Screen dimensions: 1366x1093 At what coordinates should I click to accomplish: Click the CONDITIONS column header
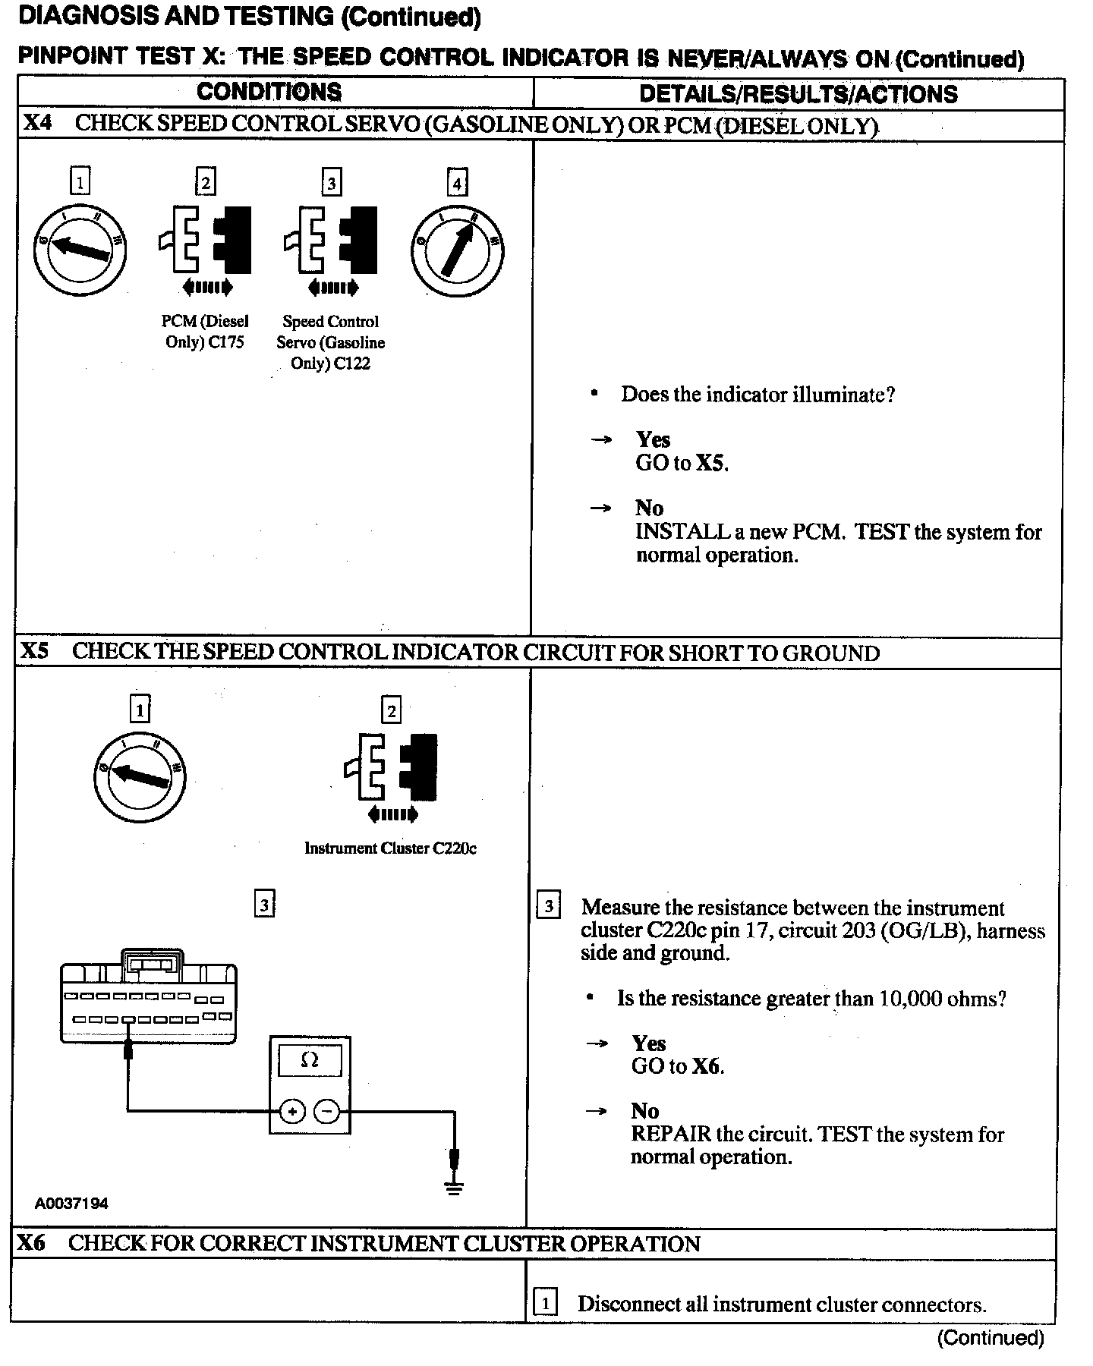tap(269, 92)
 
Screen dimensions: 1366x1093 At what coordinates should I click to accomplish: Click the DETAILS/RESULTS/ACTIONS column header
tap(798, 94)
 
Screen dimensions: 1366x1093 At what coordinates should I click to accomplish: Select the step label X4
tap(37, 123)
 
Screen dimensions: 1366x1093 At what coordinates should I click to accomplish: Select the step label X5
tap(35, 651)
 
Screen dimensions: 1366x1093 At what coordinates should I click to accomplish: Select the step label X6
tap(32, 1242)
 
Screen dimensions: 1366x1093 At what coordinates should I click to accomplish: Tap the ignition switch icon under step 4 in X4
tap(458, 250)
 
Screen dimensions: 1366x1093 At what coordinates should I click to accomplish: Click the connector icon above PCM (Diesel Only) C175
tap(206, 240)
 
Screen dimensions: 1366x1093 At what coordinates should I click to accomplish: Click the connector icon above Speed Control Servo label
tap(331, 240)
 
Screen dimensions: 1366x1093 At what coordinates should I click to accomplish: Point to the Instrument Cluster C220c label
tap(390, 848)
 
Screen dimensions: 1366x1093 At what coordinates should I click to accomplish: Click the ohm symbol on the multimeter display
tap(310, 1059)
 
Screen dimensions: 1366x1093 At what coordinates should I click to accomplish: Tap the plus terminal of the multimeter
tap(292, 1112)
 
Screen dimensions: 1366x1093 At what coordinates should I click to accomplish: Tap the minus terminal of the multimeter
tap(327, 1112)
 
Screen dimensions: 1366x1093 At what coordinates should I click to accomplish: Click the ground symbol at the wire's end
tap(454, 1187)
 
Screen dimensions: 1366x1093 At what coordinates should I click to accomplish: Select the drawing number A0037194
tap(71, 1204)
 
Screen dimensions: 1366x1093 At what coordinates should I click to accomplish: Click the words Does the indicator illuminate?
tap(758, 395)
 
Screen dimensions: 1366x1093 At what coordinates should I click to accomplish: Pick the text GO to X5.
tap(682, 463)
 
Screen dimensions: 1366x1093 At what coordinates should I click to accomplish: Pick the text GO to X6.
tap(677, 1066)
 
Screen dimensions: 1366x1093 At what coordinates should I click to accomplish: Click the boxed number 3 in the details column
tap(548, 906)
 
